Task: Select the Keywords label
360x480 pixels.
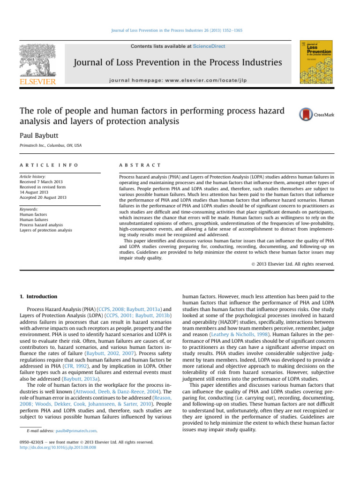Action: point(30,210)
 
